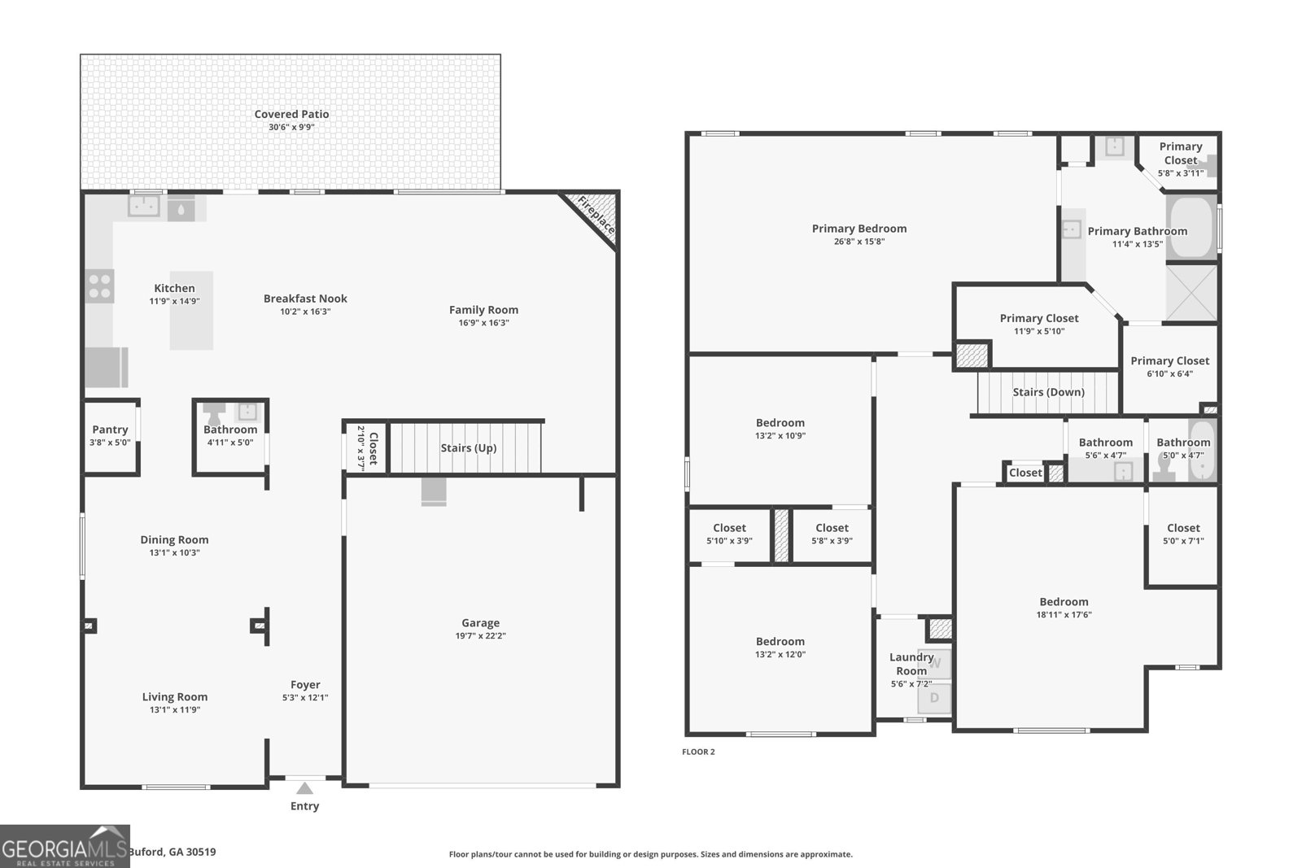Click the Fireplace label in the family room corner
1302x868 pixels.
596,215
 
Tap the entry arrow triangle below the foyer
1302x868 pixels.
304,787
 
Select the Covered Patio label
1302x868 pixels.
292,114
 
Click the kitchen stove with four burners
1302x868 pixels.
99,286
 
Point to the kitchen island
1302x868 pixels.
191,310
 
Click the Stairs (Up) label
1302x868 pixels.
469,448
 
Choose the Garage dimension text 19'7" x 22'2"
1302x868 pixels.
481,635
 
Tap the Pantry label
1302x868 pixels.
110,430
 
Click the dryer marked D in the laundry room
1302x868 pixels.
934,698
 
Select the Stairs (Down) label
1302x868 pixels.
1049,392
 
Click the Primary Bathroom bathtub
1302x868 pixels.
1191,227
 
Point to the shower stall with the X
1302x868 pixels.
1191,292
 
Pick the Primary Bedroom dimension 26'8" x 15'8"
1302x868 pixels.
859,242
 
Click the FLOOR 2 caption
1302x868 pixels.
698,752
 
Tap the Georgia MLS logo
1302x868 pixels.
64,846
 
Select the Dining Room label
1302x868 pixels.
174,539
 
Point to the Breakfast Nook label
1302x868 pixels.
305,299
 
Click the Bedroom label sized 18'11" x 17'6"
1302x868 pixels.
1064,602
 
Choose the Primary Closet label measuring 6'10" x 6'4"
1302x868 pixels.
1169,361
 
